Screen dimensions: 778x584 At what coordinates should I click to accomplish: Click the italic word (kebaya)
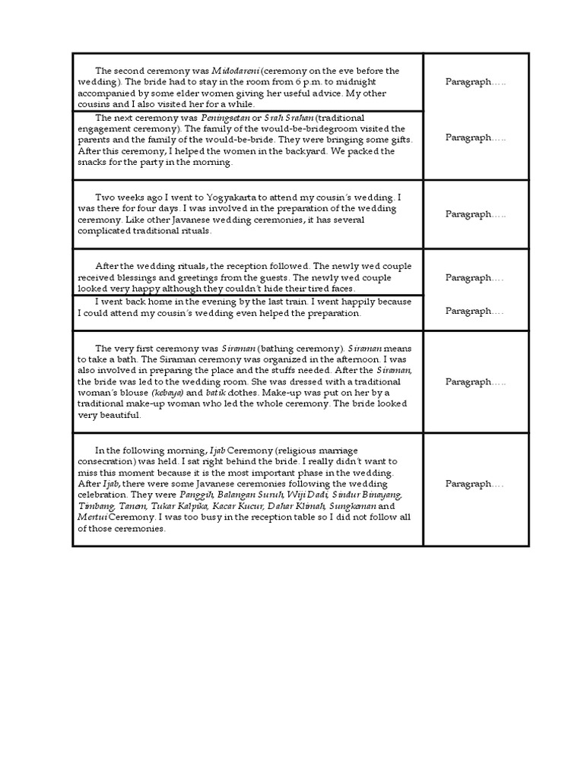[167, 393]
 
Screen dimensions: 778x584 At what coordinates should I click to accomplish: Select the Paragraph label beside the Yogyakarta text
[475, 214]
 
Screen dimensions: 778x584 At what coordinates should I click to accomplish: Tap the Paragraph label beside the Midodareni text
[475, 82]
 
